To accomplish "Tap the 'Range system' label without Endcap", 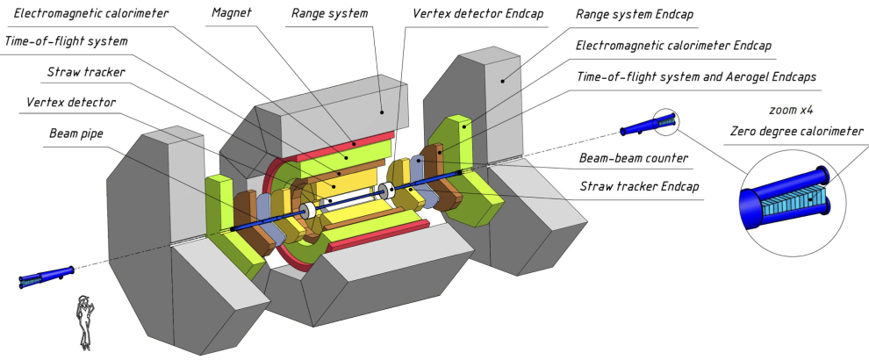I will [x=341, y=13].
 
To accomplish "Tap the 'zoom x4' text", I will [x=790, y=113].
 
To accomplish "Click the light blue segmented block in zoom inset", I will [x=794, y=203].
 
